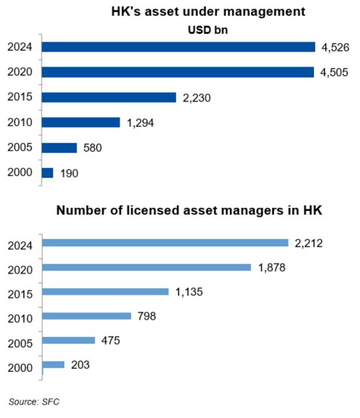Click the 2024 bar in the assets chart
tap(178, 47)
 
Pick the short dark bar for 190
tap(48, 172)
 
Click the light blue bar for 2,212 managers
tap(166, 243)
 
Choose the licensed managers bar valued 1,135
tap(106, 292)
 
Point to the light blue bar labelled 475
tap(69, 340)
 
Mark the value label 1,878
tap(269, 267)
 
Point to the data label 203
tap(79, 365)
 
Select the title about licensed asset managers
tap(190, 209)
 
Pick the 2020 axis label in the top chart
tap(18, 73)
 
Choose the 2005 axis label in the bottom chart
tap(18, 341)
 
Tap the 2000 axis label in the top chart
tap(18, 173)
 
